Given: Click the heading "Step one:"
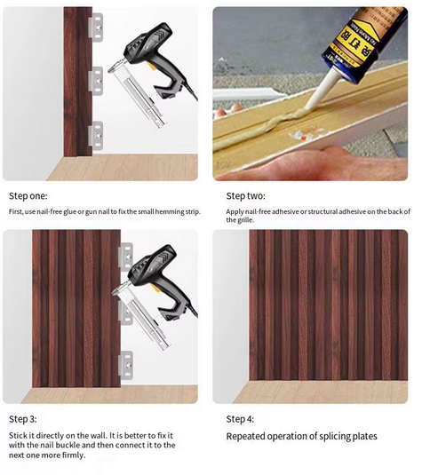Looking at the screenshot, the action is (x=28, y=196).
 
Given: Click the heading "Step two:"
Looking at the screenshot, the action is (x=245, y=196).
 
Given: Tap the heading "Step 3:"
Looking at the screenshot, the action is (x=23, y=419).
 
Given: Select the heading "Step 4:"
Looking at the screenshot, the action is (x=240, y=419).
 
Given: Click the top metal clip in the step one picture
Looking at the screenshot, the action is (x=96, y=27).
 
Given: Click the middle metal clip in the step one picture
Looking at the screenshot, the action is (x=96, y=81).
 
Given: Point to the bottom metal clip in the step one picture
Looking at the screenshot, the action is (x=96, y=136).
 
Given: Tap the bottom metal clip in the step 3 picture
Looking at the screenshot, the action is (x=126, y=365).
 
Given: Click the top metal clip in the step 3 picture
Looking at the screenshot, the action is (x=126, y=257).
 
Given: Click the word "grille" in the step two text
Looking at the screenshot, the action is (x=245, y=220).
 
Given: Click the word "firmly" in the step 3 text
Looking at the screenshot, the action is (x=74, y=455).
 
